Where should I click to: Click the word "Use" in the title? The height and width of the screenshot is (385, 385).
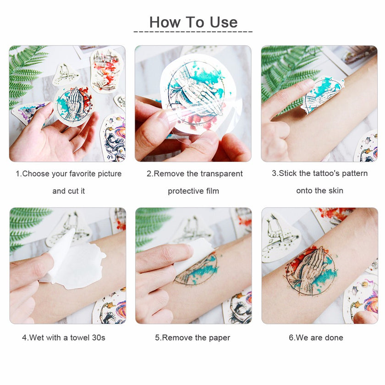(223, 22)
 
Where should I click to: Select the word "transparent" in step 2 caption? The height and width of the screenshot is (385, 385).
(221, 174)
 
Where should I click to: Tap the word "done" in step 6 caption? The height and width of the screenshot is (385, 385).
(334, 337)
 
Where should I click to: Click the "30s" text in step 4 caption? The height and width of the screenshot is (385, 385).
(99, 337)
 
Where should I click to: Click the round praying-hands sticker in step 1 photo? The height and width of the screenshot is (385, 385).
(73, 106)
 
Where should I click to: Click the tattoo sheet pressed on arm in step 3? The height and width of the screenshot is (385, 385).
(323, 94)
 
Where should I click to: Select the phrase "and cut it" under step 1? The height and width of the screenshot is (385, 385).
(68, 191)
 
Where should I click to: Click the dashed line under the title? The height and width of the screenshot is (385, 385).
(193, 32)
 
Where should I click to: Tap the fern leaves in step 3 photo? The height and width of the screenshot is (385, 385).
(286, 73)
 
